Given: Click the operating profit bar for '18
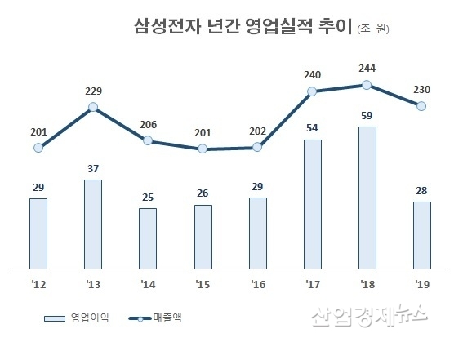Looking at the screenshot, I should tap(367, 197).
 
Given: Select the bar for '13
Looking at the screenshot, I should tap(93, 224).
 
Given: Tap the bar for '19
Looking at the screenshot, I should tap(421, 234).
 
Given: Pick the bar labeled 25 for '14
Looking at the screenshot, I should tap(148, 238).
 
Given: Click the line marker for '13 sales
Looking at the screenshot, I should tap(93, 107).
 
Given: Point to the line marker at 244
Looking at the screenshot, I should tap(367, 84).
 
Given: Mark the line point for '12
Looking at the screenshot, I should tap(38, 148).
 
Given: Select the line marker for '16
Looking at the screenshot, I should tap(257, 147).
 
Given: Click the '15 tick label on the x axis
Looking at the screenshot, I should tap(203, 287).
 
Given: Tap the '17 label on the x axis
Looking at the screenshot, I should tap(312, 287).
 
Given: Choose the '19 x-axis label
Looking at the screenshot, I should tap(421, 287).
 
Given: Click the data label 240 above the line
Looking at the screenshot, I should tap(312, 74).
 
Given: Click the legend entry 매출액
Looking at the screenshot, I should tap(167, 317).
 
